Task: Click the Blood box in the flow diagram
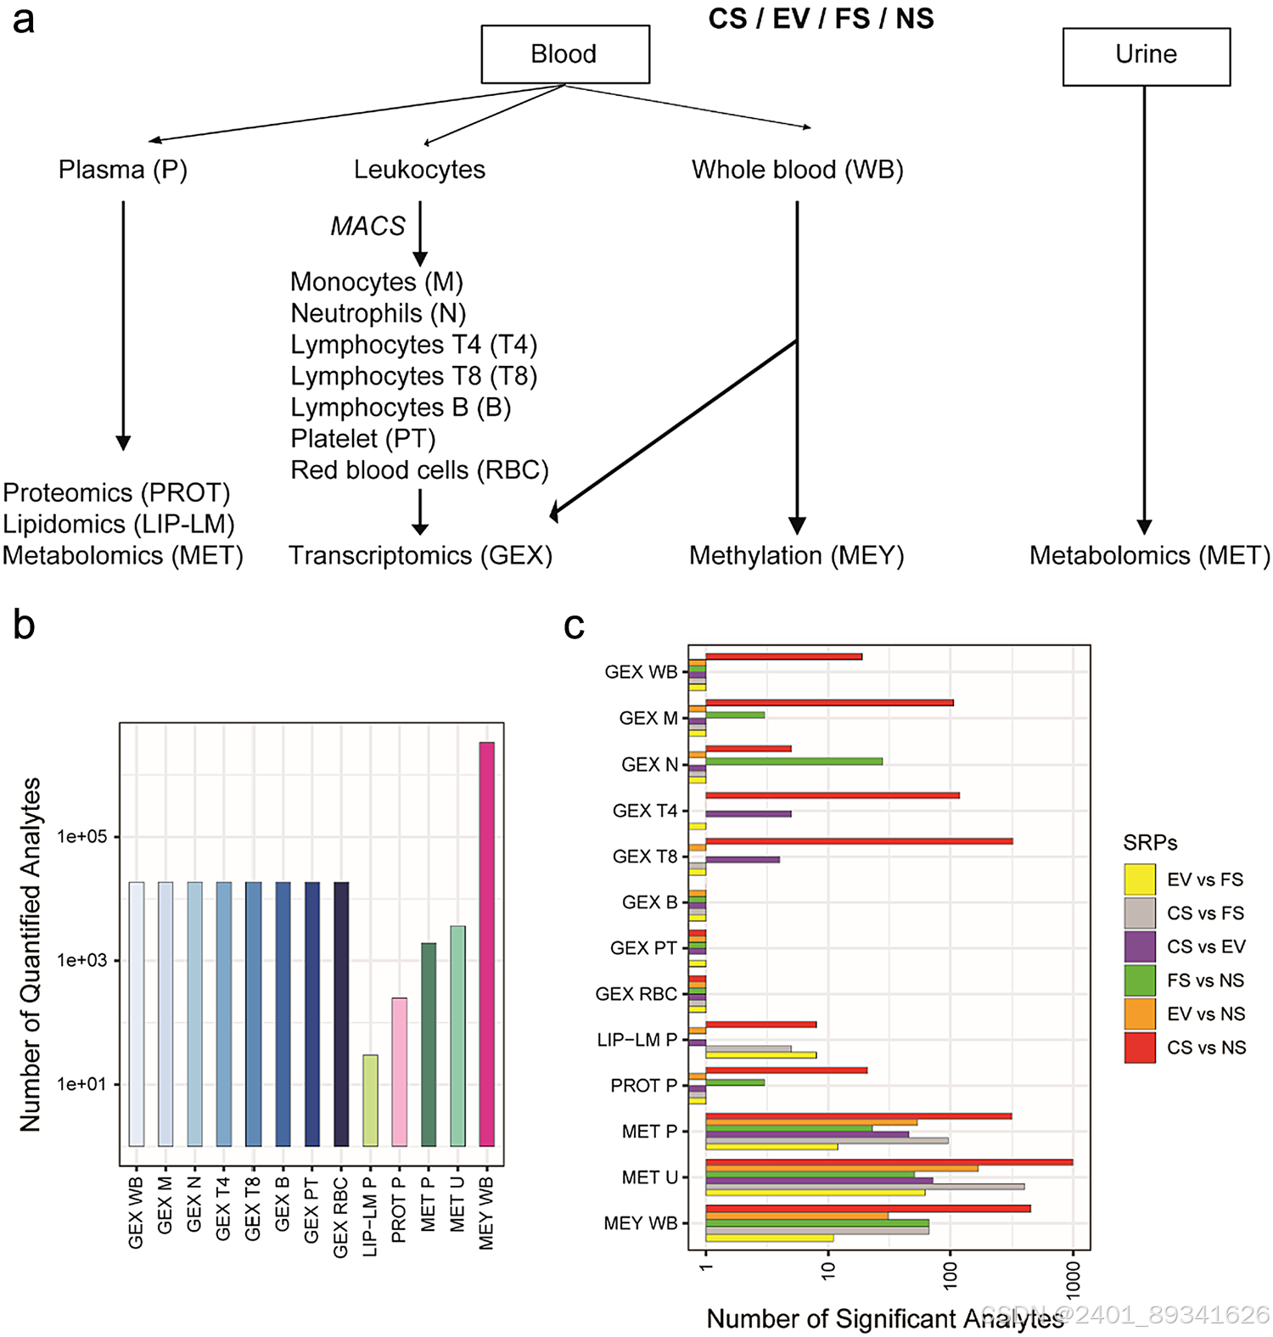(564, 54)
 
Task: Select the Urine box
(1146, 55)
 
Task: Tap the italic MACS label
(367, 226)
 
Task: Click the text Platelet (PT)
(362, 439)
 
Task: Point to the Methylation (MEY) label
(796, 556)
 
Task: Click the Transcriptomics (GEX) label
(420, 556)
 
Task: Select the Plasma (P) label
(122, 170)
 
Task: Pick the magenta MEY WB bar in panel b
(486, 942)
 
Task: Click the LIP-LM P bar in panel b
(370, 1100)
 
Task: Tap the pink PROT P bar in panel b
(399, 1071)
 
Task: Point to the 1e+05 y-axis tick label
(81, 837)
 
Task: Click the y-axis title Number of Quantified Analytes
(31, 954)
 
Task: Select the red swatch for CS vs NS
(1139, 1048)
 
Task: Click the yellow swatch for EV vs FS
(1139, 879)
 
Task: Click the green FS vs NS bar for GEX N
(794, 761)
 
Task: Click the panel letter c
(574, 626)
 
